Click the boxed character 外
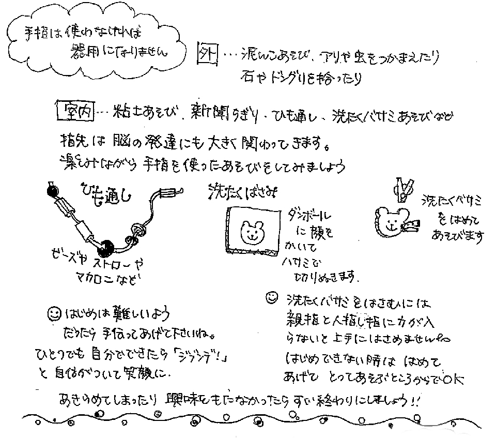[x=208, y=54]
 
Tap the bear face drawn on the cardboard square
[x=252, y=232]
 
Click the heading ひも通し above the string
[x=109, y=192]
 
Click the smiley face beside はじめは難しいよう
[x=54, y=313]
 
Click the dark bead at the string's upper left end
[x=52, y=192]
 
